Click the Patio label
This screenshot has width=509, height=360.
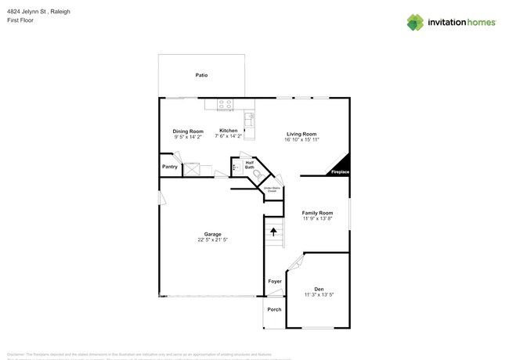(201, 75)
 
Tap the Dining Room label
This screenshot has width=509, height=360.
(188, 131)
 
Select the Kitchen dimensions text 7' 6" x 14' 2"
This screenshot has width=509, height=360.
(229, 137)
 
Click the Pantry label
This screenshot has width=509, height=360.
(169, 167)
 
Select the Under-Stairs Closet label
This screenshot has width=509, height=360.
(271, 189)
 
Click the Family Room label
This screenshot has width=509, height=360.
(318, 213)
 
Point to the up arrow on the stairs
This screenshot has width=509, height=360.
(273, 231)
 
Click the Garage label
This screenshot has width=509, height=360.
(212, 234)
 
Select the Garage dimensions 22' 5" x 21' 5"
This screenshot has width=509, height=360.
(212, 240)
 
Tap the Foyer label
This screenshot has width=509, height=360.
(275, 281)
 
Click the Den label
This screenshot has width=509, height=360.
(319, 289)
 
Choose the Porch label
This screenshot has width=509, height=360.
(274, 309)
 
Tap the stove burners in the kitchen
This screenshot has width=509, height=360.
(225, 103)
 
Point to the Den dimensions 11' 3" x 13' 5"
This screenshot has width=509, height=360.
(319, 295)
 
